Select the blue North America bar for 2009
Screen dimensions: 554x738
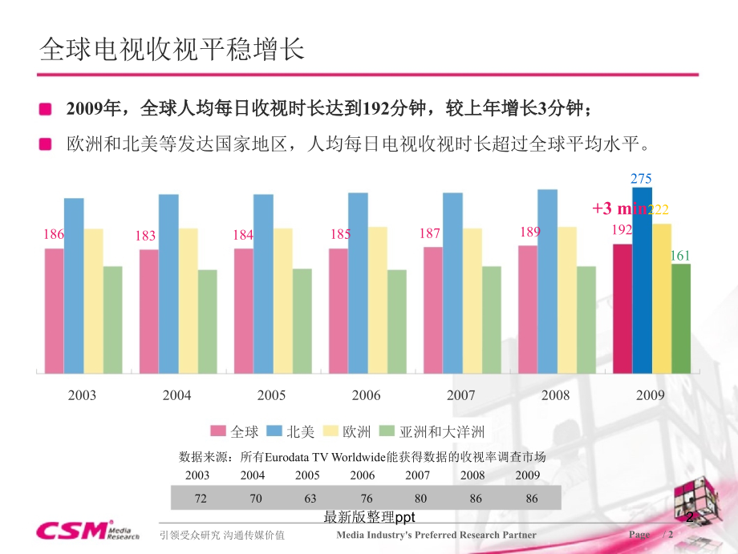(x=642, y=281)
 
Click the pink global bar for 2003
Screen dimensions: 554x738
(x=54, y=311)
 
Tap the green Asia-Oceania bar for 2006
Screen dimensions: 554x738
(x=396, y=321)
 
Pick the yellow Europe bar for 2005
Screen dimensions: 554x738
(x=283, y=301)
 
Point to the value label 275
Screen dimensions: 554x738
(x=642, y=179)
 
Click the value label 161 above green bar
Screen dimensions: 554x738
(x=680, y=256)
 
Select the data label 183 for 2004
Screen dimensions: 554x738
(x=145, y=236)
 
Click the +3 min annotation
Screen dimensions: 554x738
(x=618, y=208)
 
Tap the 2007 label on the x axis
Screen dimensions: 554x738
(x=460, y=395)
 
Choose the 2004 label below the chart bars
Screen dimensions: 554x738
(x=176, y=395)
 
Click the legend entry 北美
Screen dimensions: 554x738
(x=292, y=432)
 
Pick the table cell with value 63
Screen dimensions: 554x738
(x=310, y=499)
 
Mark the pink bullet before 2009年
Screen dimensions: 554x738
(x=46, y=108)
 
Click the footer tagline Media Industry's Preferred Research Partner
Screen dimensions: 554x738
(x=436, y=535)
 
